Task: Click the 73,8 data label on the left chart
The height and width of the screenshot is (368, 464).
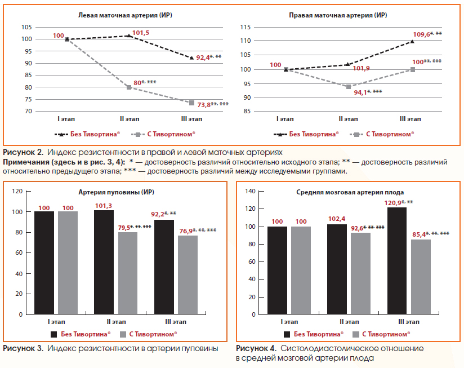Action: [204, 104]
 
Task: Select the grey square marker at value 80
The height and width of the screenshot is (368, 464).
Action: [129, 87]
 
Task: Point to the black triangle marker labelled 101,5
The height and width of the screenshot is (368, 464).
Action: [129, 36]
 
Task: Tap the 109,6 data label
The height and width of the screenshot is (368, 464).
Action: [421, 34]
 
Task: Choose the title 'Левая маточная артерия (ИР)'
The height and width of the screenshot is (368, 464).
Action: [125, 15]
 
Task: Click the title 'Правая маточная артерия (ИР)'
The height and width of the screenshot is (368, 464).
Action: [338, 15]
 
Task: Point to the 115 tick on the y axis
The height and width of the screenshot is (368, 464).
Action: [246, 27]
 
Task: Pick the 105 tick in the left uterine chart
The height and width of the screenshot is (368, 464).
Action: [26, 27]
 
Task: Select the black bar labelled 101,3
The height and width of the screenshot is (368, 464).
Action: [104, 262]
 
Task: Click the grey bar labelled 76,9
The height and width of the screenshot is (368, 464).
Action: [188, 275]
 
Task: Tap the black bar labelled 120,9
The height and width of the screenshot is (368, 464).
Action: [397, 260]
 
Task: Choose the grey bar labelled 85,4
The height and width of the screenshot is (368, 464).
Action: [421, 277]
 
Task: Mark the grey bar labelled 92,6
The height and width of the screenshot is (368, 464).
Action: [360, 273]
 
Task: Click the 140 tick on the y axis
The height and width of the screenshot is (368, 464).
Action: [251, 191]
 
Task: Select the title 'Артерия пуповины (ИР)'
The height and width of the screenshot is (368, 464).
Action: [117, 192]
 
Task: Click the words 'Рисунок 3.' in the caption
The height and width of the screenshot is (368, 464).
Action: [23, 348]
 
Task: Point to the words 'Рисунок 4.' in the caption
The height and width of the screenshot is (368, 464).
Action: [256, 348]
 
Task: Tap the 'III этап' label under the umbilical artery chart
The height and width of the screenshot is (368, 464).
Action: [176, 322]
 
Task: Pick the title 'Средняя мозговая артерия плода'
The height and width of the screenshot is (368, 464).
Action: [350, 192]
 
